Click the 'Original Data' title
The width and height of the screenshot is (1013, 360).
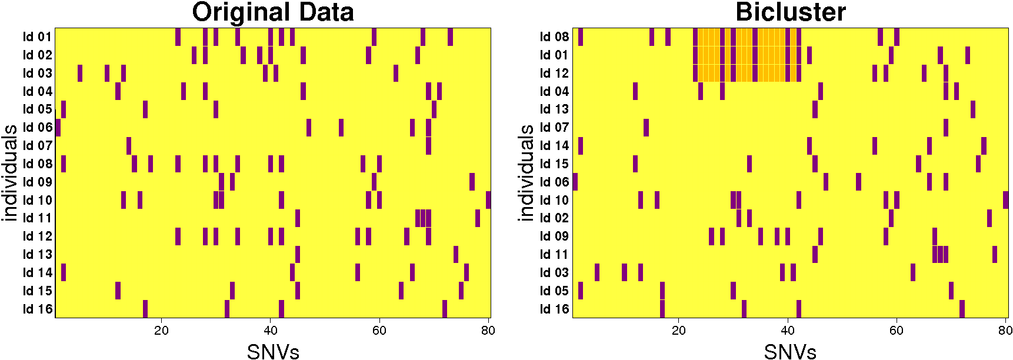pyautogui.click(x=273, y=12)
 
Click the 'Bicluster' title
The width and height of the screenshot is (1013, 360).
pyautogui.click(x=790, y=12)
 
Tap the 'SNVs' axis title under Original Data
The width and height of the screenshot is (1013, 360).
pyautogui.click(x=273, y=351)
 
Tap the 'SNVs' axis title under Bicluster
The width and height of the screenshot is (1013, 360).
pyautogui.click(x=790, y=351)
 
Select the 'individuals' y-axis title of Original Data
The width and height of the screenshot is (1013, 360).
pyautogui.click(x=9, y=173)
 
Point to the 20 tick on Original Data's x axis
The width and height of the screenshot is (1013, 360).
pyautogui.click(x=161, y=331)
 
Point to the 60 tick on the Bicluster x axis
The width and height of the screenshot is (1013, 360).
pyautogui.click(x=896, y=331)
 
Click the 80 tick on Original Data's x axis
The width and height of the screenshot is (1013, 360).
pyautogui.click(x=488, y=331)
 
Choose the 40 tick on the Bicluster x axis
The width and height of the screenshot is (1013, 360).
pyautogui.click(x=787, y=331)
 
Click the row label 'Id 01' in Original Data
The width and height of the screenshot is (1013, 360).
pyautogui.click(x=38, y=37)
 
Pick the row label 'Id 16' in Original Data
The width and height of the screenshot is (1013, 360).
pyautogui.click(x=38, y=309)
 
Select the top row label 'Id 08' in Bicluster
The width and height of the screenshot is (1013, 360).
pyautogui.click(x=554, y=37)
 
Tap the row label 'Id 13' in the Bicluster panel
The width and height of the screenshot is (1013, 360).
pyautogui.click(x=554, y=109)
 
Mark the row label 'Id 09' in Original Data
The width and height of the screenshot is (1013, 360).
pyautogui.click(x=38, y=182)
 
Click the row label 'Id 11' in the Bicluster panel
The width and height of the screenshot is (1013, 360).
pyautogui.click(x=554, y=254)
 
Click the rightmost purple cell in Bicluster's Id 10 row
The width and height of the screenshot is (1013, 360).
pyautogui.click(x=1005, y=200)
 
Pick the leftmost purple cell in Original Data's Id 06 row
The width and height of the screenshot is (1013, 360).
pyautogui.click(x=58, y=128)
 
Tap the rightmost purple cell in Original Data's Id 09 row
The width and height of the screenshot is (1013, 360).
pyautogui.click(x=472, y=182)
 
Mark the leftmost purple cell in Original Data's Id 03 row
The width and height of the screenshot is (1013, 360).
pyautogui.click(x=80, y=73)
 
